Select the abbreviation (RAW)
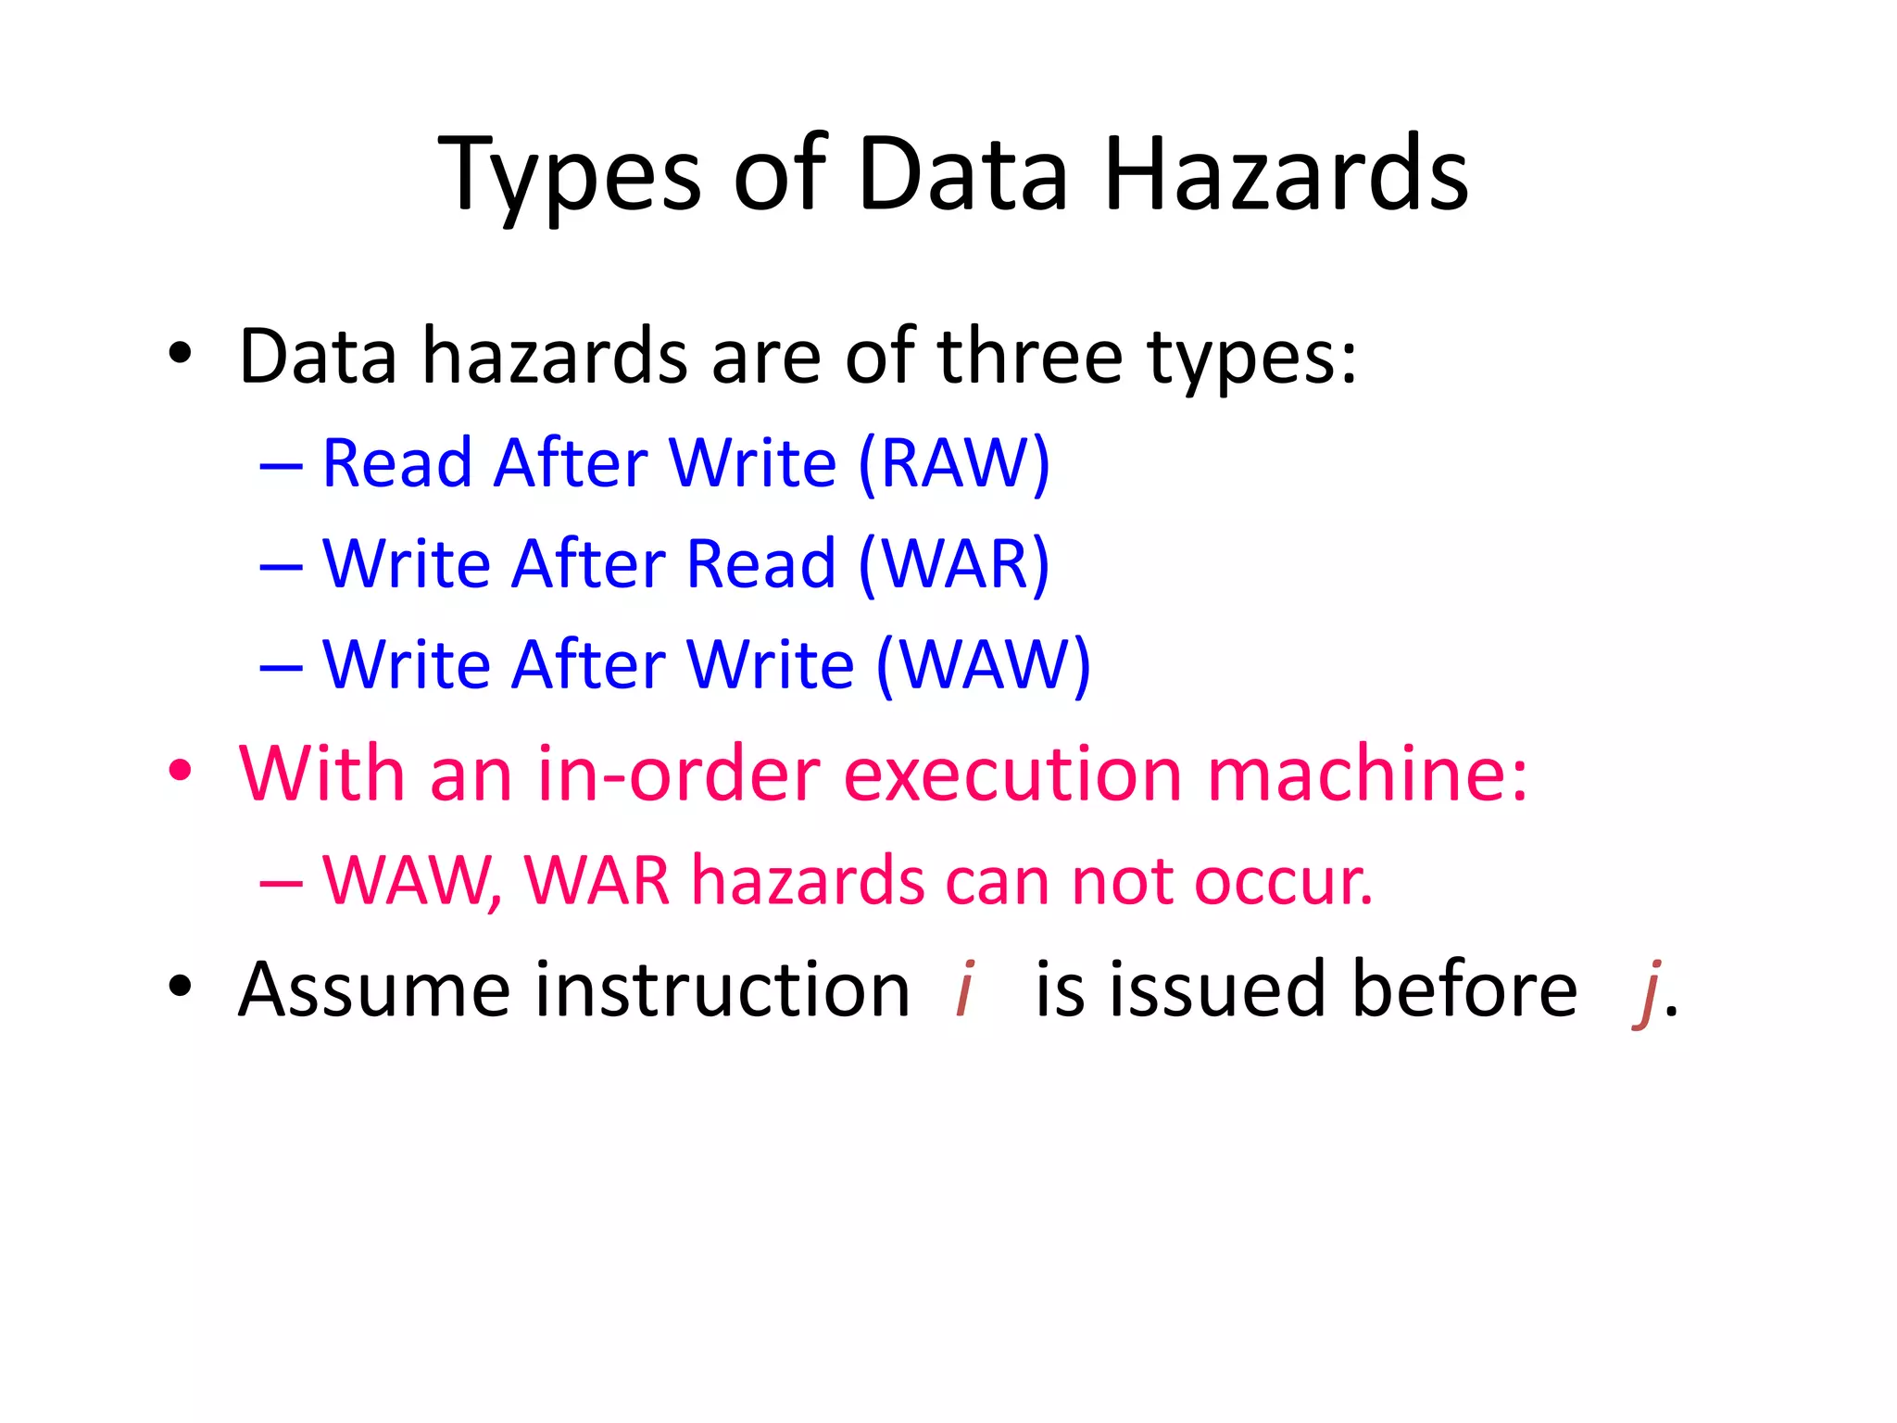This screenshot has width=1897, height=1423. point(954,463)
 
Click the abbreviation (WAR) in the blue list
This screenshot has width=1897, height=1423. point(954,564)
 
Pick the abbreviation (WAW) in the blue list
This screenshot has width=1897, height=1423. point(983,665)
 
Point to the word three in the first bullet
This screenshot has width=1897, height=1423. point(1030,357)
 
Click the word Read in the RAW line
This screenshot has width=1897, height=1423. point(396,463)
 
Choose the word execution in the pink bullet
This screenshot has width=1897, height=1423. point(1012,774)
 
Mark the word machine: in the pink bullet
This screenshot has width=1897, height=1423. point(1367,774)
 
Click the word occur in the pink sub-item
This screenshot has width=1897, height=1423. point(1282,881)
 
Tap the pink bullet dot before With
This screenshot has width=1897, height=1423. point(180,771)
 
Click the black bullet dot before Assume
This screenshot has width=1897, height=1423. point(180,987)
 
